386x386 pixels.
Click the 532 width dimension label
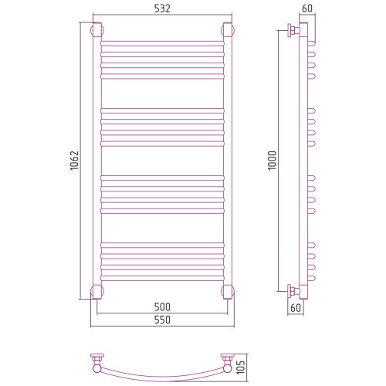[162, 8]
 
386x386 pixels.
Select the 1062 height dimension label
[74, 161]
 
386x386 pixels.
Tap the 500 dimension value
[162, 306]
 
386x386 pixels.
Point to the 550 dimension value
[162, 320]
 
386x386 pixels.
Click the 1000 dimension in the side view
[272, 161]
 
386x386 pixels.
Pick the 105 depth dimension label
[241, 367]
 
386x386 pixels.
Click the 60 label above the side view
[307, 8]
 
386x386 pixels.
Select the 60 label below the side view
[296, 308]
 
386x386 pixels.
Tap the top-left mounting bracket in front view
[97, 30]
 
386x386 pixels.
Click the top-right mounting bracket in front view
[228, 30]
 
